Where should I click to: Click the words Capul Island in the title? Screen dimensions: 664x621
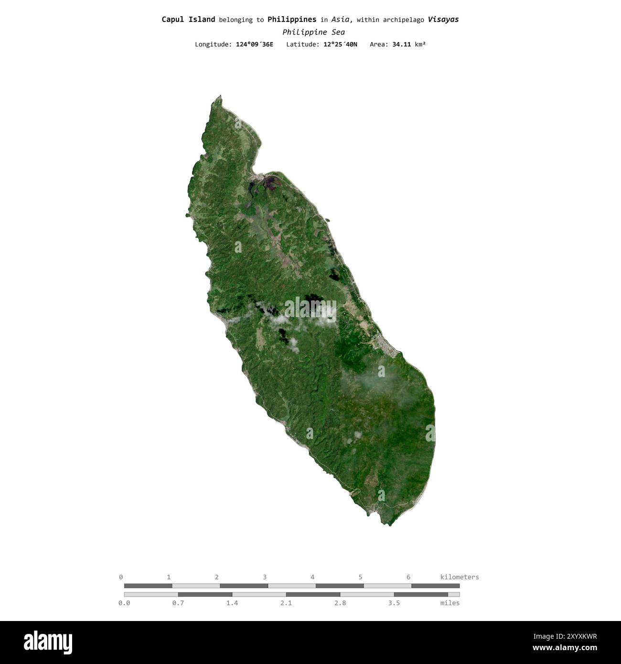pyautogui.click(x=188, y=20)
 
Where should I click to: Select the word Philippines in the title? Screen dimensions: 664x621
pyautogui.click(x=291, y=20)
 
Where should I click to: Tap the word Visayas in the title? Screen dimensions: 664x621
pyautogui.click(x=443, y=20)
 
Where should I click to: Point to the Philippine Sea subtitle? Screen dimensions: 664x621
pyautogui.click(x=313, y=32)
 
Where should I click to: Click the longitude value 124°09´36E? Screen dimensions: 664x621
pyautogui.click(x=255, y=44)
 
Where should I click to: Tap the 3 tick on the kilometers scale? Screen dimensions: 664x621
pyautogui.click(x=265, y=577)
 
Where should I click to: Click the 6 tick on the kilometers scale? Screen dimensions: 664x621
pyautogui.click(x=408, y=577)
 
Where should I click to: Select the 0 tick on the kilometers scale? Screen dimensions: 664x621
pyautogui.click(x=121, y=577)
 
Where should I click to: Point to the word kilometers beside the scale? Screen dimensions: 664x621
pyautogui.click(x=459, y=577)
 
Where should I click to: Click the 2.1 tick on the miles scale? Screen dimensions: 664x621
pyautogui.click(x=286, y=603)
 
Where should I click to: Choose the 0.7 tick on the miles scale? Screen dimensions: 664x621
pyautogui.click(x=178, y=603)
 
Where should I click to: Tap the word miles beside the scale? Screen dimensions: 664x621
pyautogui.click(x=450, y=603)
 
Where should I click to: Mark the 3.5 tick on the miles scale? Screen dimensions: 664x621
pyautogui.click(x=394, y=603)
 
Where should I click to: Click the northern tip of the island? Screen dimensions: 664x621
pyautogui.click(x=220, y=96)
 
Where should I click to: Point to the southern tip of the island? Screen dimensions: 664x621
pyautogui.click(x=390, y=525)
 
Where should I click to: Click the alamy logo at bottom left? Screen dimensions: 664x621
pyautogui.click(x=48, y=643)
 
